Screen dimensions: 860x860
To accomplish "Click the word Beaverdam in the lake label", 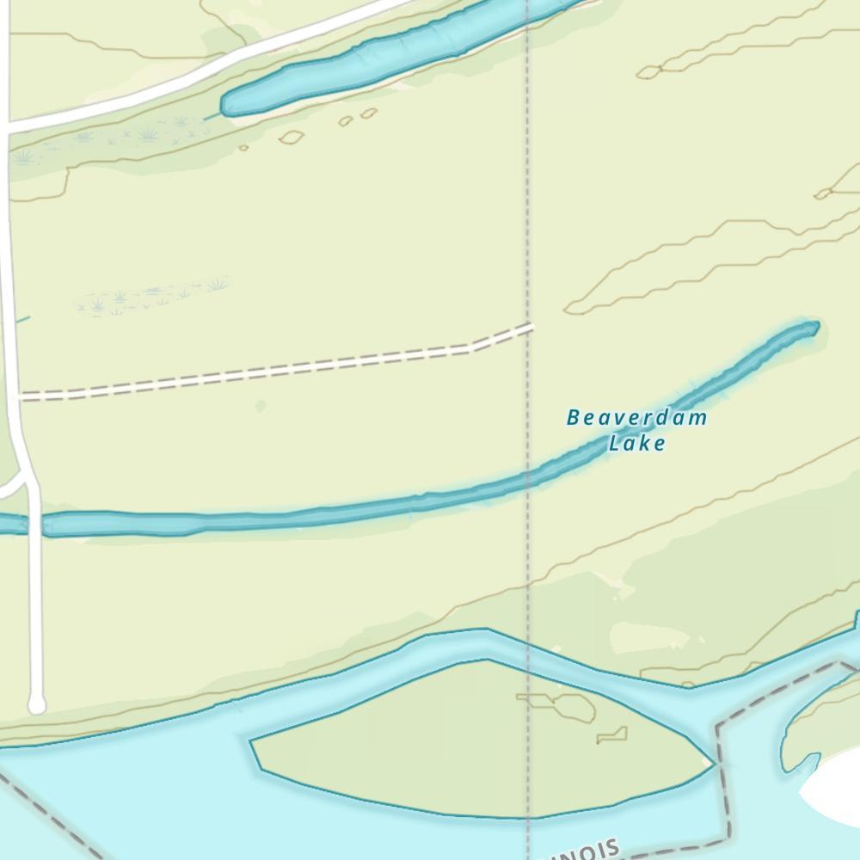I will click(x=636, y=419).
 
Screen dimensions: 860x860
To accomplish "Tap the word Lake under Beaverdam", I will click(x=636, y=444).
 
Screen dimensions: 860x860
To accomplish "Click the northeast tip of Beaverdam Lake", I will click(x=813, y=327).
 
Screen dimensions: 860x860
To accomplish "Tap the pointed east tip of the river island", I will click(x=713, y=763).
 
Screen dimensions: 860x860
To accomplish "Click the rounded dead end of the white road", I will click(x=36, y=705).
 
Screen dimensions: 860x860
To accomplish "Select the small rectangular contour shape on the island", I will click(x=612, y=735).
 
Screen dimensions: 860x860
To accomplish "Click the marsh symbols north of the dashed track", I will click(x=155, y=297).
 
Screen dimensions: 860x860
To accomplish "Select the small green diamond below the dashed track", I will click(x=261, y=405).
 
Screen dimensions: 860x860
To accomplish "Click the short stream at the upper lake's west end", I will click(x=212, y=115).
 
